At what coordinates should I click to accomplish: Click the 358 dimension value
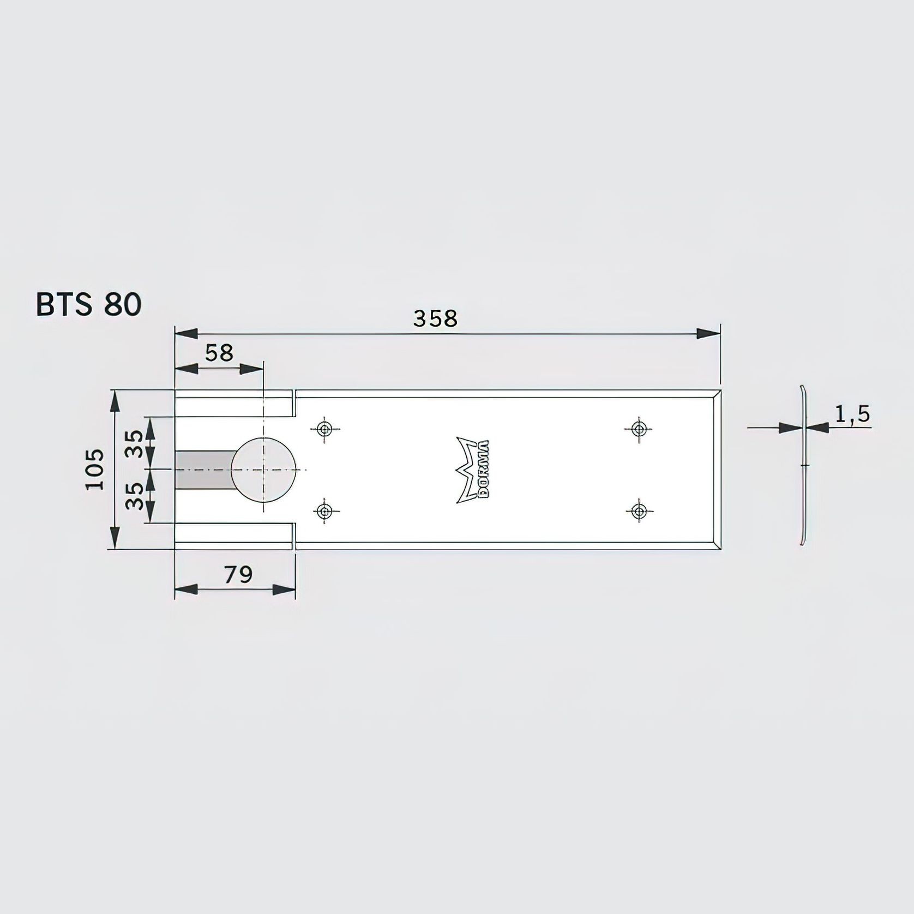pos(435,318)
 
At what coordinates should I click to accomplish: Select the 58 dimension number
pos(219,353)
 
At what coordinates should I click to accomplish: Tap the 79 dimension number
pos(238,574)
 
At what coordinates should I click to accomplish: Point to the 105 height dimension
pos(95,469)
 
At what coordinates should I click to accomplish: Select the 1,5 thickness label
pos(852,414)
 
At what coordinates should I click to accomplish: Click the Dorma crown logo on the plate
pos(473,470)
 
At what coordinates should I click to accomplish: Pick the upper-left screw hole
pos(325,429)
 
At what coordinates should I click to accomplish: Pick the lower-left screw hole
pos(325,511)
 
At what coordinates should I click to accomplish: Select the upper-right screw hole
pos(638,429)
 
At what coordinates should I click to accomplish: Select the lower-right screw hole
pos(638,511)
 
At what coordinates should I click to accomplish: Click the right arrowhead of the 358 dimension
pos(708,334)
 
